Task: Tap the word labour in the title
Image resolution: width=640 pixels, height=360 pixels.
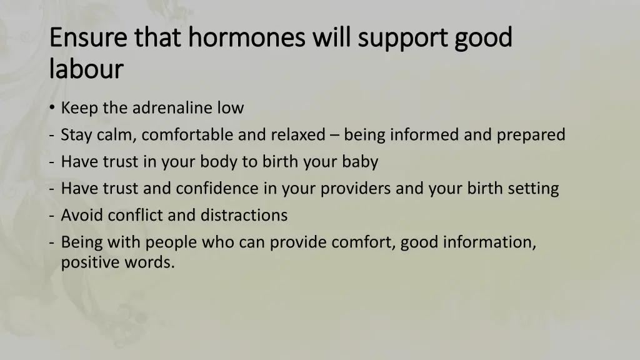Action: point(86,69)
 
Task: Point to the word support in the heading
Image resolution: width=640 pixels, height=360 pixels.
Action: point(411,37)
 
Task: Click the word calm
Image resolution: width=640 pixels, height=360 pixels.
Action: point(118,135)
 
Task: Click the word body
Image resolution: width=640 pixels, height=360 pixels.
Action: point(219,162)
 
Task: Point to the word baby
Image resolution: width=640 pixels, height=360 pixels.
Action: point(359,162)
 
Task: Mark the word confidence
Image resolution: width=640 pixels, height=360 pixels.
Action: point(223,189)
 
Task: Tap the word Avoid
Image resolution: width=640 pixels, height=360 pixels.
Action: point(82,216)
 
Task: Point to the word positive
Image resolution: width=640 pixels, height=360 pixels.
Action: point(89,262)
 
